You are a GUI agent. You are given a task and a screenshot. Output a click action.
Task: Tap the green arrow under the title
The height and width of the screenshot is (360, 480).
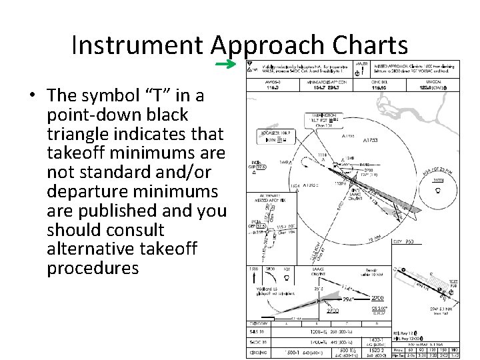[227, 64]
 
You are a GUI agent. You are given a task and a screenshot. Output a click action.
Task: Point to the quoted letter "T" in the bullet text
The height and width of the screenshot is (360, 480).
[155, 96]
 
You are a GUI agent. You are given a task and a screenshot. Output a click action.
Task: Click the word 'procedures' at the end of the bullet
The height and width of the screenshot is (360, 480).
[93, 268]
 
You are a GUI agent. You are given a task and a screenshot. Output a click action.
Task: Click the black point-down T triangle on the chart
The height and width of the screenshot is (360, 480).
[251, 68]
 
